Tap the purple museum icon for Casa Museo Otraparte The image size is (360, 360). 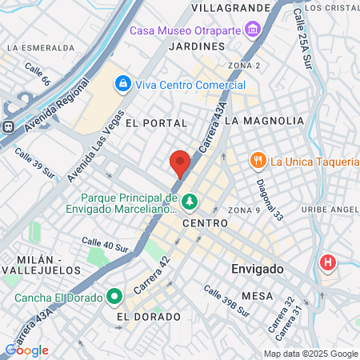point(254,30)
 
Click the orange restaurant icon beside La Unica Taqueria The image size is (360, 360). point(258,161)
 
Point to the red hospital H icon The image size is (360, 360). point(327,262)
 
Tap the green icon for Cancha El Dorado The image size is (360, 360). point(114,298)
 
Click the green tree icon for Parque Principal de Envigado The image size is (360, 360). point(190,200)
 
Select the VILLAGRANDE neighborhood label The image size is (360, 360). point(231,7)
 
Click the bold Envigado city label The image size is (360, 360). point(258,269)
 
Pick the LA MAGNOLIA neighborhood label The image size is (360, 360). point(264,120)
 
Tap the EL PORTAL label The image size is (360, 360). point(156,123)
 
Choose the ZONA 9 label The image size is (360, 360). point(244,210)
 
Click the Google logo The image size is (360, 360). point(26,350)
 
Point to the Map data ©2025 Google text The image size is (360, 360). point(311,354)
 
